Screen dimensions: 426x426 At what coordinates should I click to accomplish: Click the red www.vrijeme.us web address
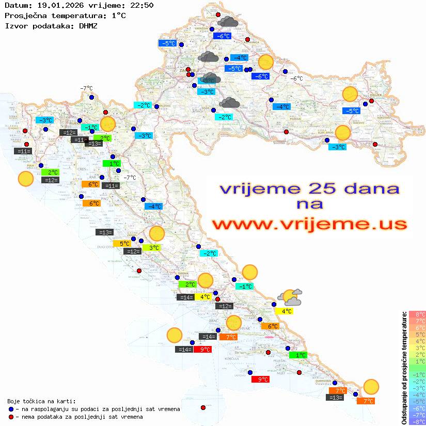(309, 224)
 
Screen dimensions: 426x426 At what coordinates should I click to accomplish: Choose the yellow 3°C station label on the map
(154, 248)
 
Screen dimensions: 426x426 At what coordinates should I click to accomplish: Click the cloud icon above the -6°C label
(228, 22)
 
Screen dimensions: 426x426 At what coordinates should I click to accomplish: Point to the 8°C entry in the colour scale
(417, 314)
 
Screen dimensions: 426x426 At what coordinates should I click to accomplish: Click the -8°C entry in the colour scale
(417, 421)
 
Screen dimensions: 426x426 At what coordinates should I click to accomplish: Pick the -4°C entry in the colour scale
(417, 395)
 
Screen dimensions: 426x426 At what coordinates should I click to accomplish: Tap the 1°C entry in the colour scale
(417, 361)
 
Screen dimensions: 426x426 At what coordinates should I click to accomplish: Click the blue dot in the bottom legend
(11, 409)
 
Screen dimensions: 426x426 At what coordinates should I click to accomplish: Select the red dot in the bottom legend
(11, 417)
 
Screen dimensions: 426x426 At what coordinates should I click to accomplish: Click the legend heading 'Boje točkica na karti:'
(41, 401)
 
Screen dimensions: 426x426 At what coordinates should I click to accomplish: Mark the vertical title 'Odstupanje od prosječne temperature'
(404, 368)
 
